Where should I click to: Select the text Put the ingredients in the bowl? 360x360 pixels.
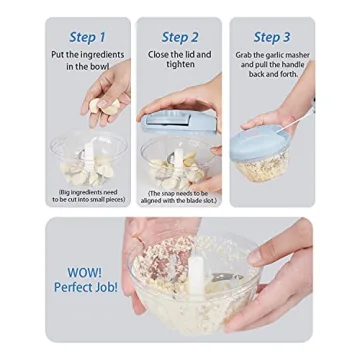pos(87,58)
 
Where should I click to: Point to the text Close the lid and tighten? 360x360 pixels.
pos(179,58)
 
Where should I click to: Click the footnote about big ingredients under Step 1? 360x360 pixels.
pos(87,196)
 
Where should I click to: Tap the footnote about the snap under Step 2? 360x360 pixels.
pos(180,196)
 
